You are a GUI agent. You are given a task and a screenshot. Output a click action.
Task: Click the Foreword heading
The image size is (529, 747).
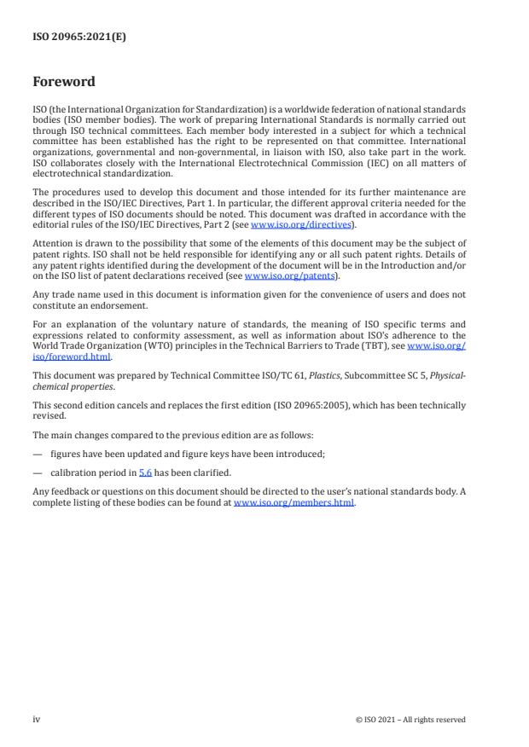(64, 82)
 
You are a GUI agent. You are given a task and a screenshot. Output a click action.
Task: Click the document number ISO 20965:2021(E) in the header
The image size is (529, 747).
(79, 37)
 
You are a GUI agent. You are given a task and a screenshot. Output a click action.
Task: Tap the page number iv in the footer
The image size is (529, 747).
(36, 719)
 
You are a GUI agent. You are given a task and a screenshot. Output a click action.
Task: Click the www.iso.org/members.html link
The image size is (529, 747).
(294, 501)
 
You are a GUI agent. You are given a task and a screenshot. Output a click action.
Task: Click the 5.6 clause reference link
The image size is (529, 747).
(145, 472)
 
